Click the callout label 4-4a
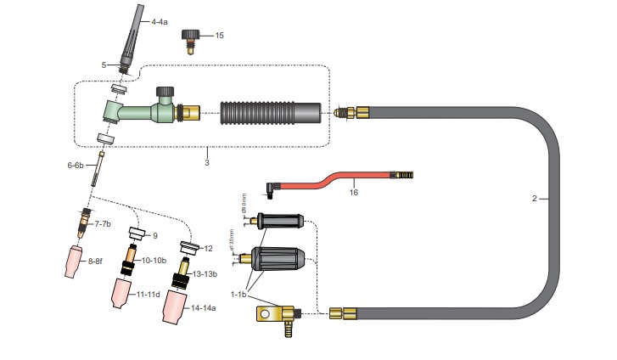pyautogui.click(x=160, y=21)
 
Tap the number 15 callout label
pyautogui.click(x=220, y=36)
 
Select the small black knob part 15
pyautogui.click(x=192, y=37)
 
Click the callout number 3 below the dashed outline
pyautogui.click(x=206, y=160)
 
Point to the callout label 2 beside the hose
pyautogui.click(x=535, y=198)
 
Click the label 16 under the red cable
pyautogui.click(x=354, y=193)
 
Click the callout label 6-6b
pyautogui.click(x=76, y=166)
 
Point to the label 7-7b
pyautogui.click(x=104, y=223)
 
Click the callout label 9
pyautogui.click(x=155, y=235)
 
